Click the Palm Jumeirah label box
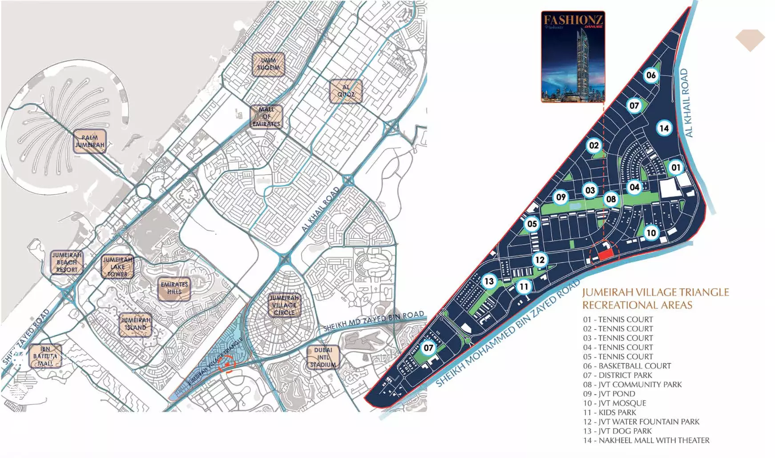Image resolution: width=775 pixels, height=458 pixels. (89, 141)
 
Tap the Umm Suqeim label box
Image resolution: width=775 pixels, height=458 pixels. (268, 64)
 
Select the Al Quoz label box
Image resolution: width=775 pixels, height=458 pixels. (346, 91)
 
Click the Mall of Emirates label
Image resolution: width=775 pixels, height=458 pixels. (266, 117)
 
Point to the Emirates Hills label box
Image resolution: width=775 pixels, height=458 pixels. (174, 289)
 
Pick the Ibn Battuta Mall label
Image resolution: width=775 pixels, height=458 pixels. (45, 356)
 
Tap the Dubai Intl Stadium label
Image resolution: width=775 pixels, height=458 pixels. (323, 357)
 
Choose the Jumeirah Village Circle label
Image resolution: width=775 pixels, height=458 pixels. (284, 305)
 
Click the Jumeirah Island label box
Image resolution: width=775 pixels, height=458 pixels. (135, 324)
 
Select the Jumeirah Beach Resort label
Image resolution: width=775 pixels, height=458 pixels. (67, 262)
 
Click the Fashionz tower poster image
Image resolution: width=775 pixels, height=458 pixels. (573, 57)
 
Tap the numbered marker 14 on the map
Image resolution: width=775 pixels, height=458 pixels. (664, 129)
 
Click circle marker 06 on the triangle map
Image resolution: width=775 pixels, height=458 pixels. (651, 75)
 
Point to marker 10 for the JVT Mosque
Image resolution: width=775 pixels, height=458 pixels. (651, 233)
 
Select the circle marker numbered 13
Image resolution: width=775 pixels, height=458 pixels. (489, 281)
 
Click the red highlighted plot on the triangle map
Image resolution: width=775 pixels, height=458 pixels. (605, 255)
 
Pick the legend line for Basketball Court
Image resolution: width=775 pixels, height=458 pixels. (626, 366)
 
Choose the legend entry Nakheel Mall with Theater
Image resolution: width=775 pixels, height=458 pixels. (646, 440)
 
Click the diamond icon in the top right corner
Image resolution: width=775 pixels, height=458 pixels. (750, 40)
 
